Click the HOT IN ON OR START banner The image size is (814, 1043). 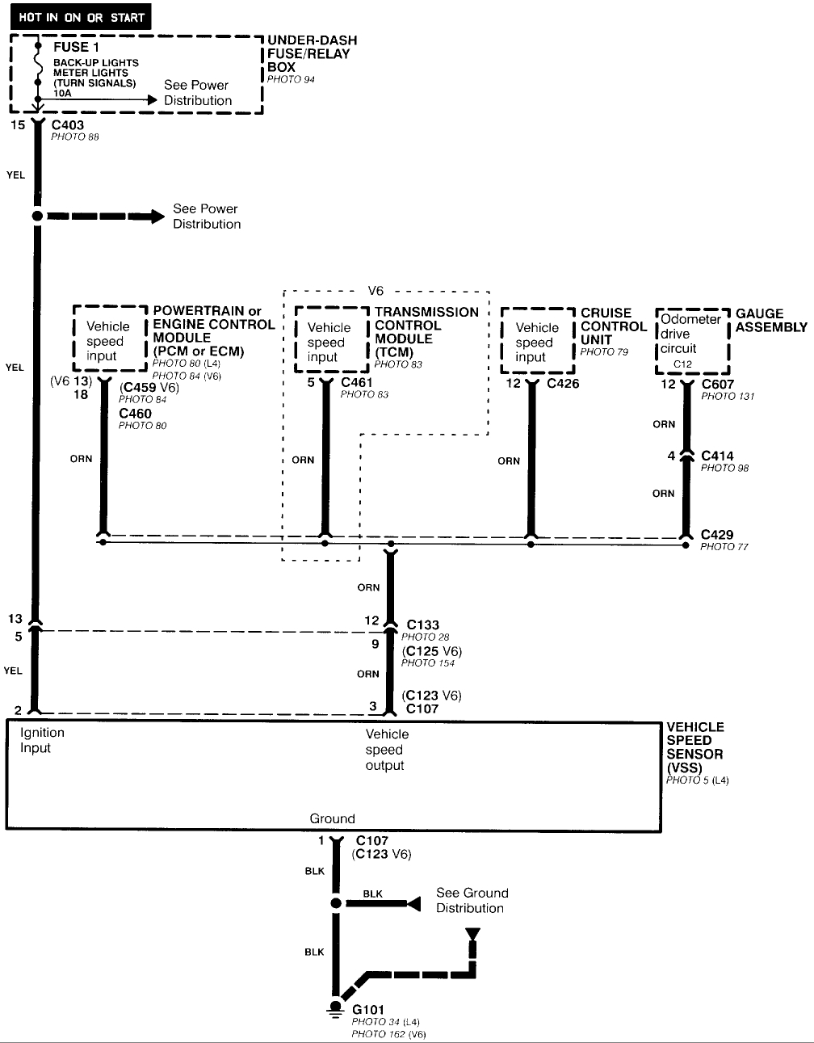[81, 17]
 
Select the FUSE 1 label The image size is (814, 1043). [71, 47]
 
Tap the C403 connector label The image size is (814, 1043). [67, 125]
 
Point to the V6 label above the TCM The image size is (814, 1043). [376, 291]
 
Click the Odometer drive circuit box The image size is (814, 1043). [691, 340]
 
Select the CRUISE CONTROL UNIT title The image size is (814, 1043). [613, 326]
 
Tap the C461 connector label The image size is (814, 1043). [357, 382]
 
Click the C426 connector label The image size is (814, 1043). [563, 383]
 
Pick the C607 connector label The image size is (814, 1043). [718, 384]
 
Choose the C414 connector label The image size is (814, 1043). [717, 456]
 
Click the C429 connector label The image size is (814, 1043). [717, 534]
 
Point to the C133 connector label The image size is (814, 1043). [423, 625]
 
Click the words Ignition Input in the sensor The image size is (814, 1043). [42, 740]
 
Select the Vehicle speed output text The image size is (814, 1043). [387, 750]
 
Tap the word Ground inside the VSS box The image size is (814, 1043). [332, 818]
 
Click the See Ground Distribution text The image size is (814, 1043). [472, 900]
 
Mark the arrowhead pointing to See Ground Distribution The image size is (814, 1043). [413, 903]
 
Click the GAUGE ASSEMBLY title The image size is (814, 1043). [770, 320]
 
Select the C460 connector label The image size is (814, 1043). [135, 414]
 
